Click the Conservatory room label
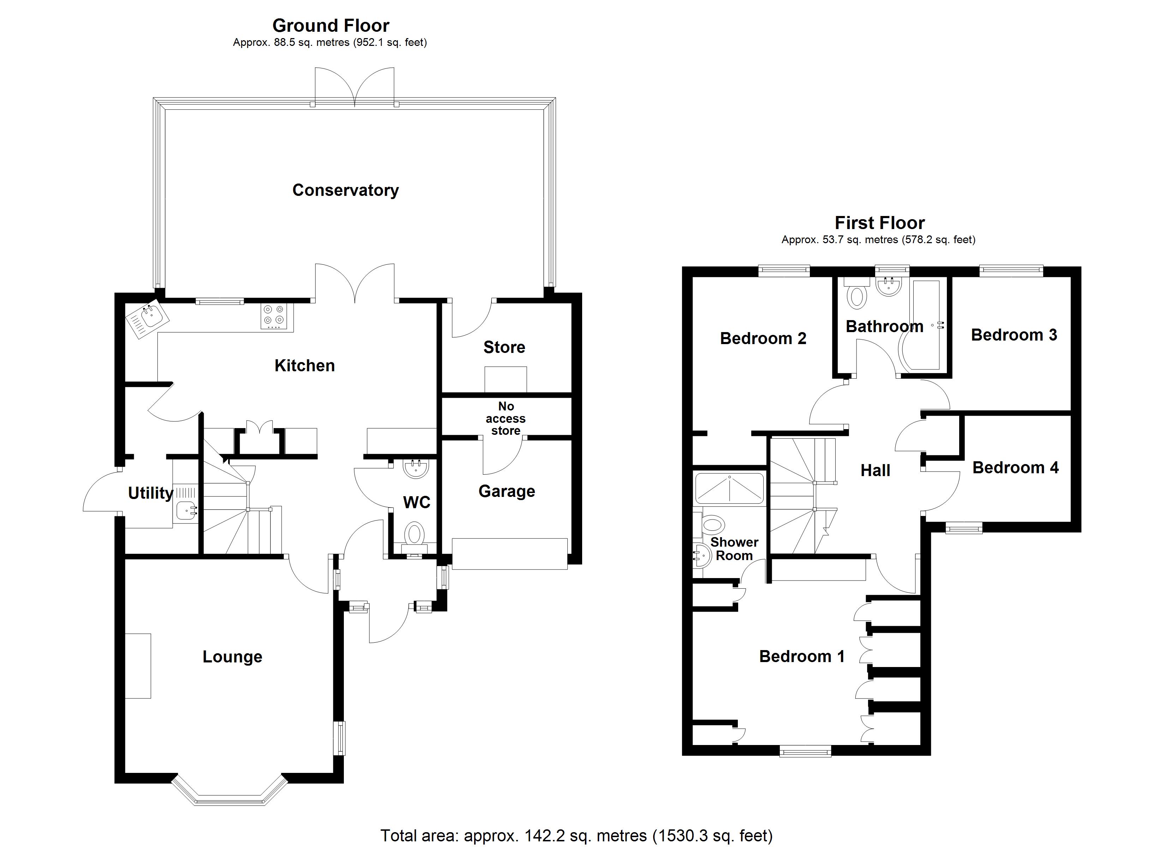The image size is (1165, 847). tap(345, 190)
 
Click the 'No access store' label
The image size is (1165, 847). tap(506, 418)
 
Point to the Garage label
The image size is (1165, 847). tap(507, 492)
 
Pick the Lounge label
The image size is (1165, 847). tap(232, 657)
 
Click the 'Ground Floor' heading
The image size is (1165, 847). tap(330, 25)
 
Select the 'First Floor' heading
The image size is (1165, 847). tap(879, 223)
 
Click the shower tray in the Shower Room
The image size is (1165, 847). tap(729, 488)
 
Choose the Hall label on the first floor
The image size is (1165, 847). tap(875, 470)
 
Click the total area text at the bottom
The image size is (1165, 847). tap(576, 836)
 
